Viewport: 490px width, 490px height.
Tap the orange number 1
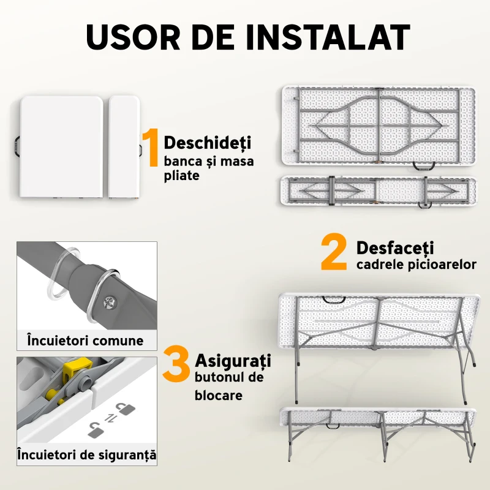pyautogui.click(x=151, y=147)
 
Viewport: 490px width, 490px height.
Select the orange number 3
pyautogui.click(x=176, y=366)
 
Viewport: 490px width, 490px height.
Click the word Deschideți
pyautogui.click(x=208, y=143)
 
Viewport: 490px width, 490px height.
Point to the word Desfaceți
pyautogui.click(x=395, y=248)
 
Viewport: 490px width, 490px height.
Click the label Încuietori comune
pyautogui.click(x=85, y=341)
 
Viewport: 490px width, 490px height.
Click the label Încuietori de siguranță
pyautogui.click(x=86, y=455)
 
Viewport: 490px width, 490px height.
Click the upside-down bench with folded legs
pyautogui.click(x=377, y=191)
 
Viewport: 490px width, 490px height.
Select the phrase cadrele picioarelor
pyautogui.click(x=416, y=265)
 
